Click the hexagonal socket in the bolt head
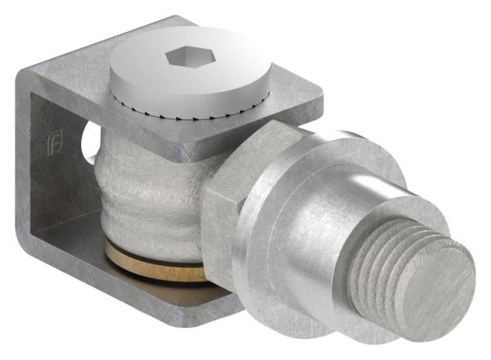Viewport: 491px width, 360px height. point(182,59)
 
